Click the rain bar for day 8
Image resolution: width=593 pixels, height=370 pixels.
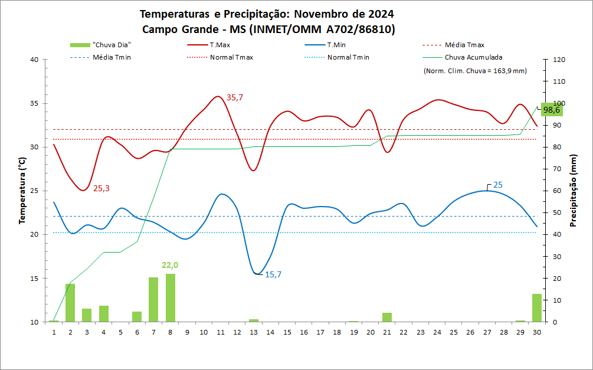click(x=171, y=298)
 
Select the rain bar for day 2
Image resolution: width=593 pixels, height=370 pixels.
click(x=70, y=303)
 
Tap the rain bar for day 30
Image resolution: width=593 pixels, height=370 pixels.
click(x=537, y=307)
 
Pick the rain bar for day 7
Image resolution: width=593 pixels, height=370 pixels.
click(x=153, y=300)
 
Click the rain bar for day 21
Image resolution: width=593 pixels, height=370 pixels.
click(x=387, y=317)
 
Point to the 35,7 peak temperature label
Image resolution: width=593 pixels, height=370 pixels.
click(x=235, y=97)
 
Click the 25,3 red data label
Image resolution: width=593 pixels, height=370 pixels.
click(x=101, y=188)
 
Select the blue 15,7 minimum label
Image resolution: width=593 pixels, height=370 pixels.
click(x=274, y=274)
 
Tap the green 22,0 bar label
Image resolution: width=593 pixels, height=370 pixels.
click(x=171, y=266)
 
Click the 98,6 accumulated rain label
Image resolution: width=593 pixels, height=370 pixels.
click(x=552, y=110)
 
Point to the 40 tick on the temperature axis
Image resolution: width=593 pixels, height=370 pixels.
click(x=34, y=60)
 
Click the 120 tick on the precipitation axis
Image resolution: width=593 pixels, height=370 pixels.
click(x=558, y=60)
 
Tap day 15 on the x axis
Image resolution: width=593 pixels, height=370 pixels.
click(x=287, y=332)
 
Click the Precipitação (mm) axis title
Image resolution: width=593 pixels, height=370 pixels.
click(x=573, y=191)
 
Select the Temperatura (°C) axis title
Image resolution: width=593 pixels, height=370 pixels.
click(x=22, y=191)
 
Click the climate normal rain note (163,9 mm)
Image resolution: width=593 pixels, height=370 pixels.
click(x=475, y=71)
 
